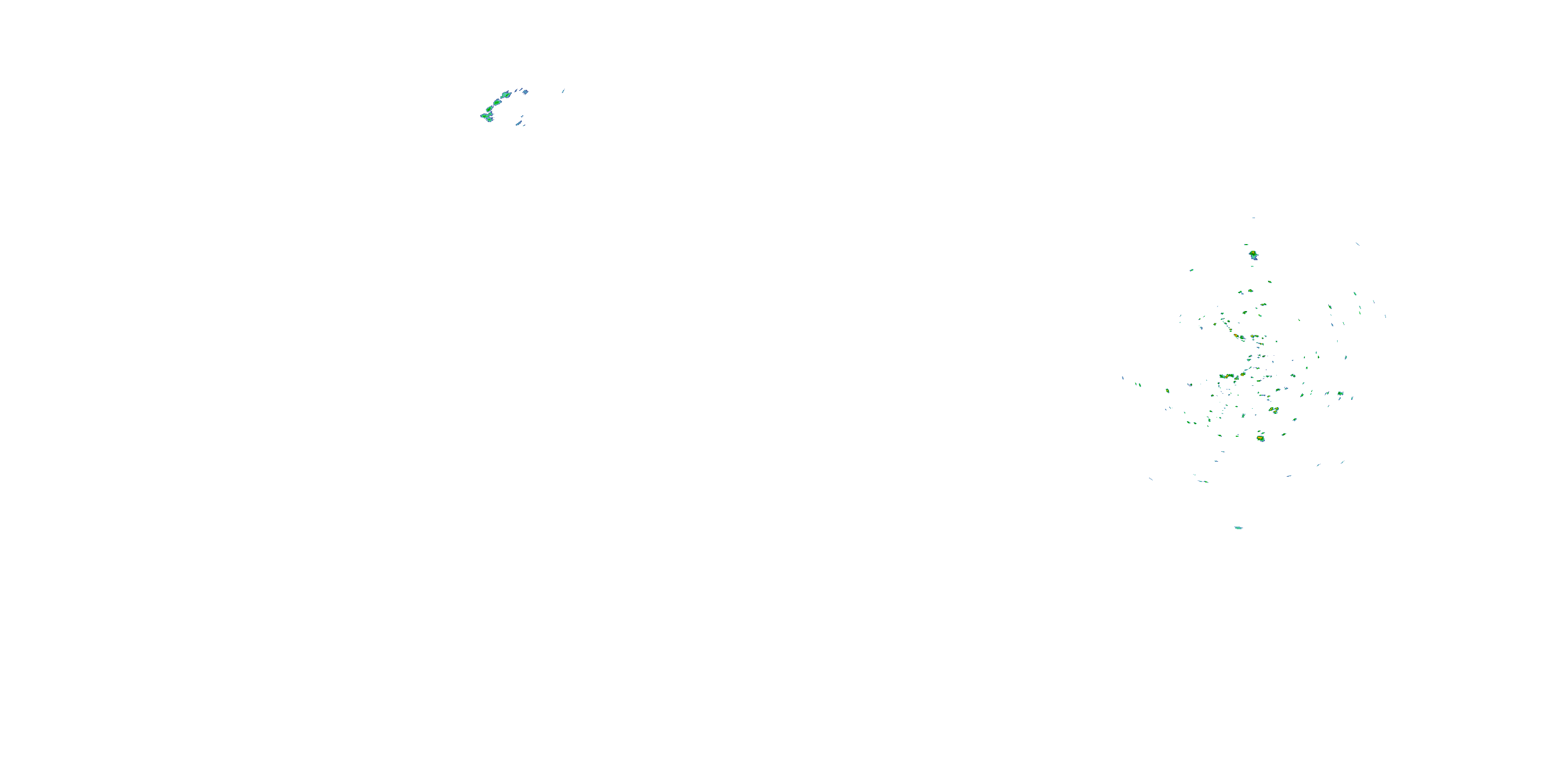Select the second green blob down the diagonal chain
click(x=497, y=102)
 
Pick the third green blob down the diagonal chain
click(x=490, y=110)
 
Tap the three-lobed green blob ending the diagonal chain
click(x=486, y=116)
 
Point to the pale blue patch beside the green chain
click(x=525, y=92)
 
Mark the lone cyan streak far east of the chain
click(x=563, y=91)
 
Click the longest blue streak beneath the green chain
click(x=518, y=124)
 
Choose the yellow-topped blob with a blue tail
click(x=1253, y=254)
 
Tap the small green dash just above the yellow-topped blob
click(x=1246, y=245)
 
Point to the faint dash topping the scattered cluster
click(x=1253, y=218)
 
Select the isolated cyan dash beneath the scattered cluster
click(x=1238, y=528)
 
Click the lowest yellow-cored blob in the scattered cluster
click(x=1261, y=438)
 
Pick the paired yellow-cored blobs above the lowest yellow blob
click(x=1274, y=410)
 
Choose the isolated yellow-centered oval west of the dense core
click(x=1168, y=391)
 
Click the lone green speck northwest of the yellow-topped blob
click(x=1192, y=270)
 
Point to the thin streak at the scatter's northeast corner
click(x=1357, y=244)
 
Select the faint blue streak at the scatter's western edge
click(x=1122, y=378)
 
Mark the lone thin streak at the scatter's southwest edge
click(x=1151, y=479)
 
